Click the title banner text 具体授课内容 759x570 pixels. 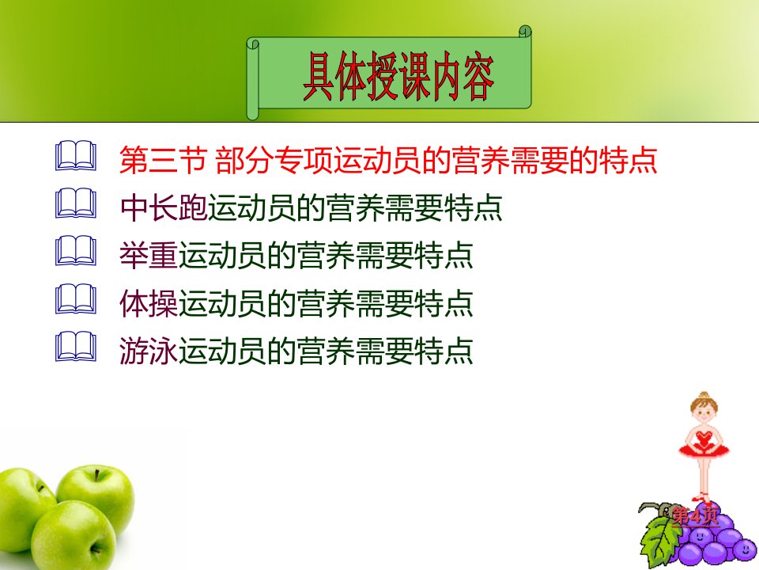(x=398, y=77)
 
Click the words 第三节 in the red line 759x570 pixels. (x=163, y=159)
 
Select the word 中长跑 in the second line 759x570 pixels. (x=164, y=207)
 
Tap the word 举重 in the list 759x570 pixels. (x=149, y=256)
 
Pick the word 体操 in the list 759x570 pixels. (x=149, y=303)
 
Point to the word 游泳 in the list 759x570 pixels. (x=149, y=351)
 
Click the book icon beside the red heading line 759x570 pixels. (x=76, y=156)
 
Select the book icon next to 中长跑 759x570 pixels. (x=76, y=203)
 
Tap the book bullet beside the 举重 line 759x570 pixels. (x=76, y=251)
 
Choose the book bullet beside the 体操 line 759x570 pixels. (x=76, y=299)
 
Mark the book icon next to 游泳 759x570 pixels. (x=76, y=347)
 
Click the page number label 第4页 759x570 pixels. (x=695, y=515)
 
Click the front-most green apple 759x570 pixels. (x=73, y=535)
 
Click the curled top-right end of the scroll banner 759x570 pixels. (x=525, y=32)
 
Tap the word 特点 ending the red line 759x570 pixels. (x=628, y=159)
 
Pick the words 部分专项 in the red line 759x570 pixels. (x=274, y=159)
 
